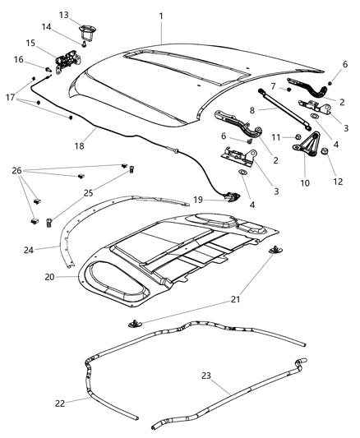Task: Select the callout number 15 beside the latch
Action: tap(30, 43)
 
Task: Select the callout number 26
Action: tap(16, 171)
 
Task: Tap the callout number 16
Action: tap(18, 59)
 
